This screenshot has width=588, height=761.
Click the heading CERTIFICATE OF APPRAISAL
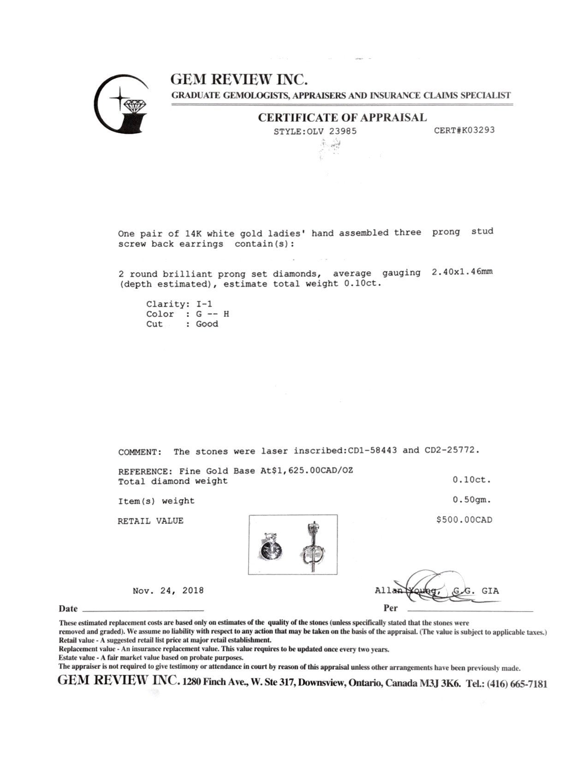342,118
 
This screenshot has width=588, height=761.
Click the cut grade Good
207,324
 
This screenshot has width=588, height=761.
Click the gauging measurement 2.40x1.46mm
462,272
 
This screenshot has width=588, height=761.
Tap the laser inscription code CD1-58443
372,450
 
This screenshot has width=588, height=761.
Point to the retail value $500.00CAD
464,520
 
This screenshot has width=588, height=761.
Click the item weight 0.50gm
471,499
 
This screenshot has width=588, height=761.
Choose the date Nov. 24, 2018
168,590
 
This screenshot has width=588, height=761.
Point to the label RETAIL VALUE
150,521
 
